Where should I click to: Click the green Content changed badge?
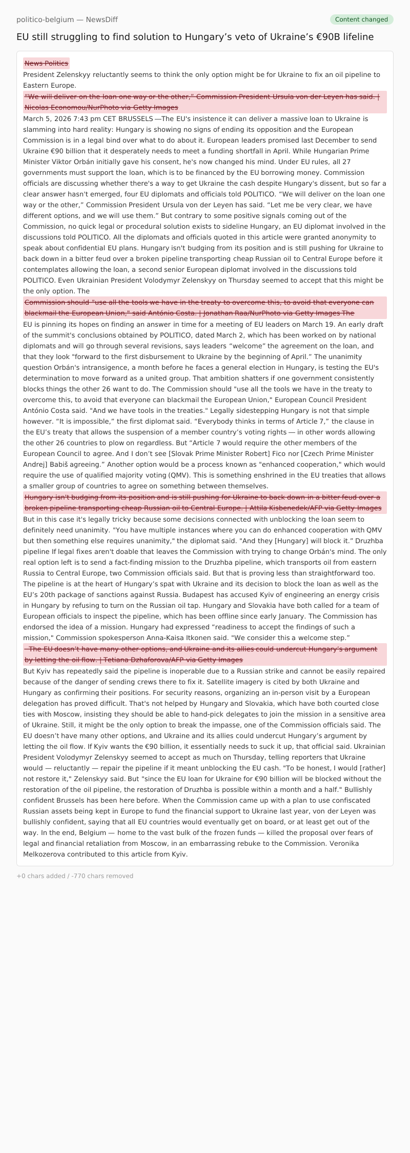click(x=361, y=19)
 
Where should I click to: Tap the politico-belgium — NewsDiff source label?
click(x=67, y=19)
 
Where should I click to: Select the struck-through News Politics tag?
click(x=46, y=64)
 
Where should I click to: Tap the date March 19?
click(x=339, y=325)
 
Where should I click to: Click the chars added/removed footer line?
click(x=75, y=876)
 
